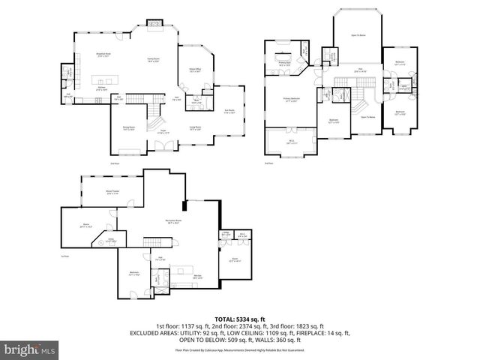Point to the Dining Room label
(x=128, y=127)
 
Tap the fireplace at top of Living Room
(x=156, y=25)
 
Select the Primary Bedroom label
(x=290, y=100)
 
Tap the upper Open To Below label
(x=358, y=36)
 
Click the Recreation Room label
(x=177, y=220)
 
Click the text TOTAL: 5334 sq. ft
(x=239, y=319)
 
